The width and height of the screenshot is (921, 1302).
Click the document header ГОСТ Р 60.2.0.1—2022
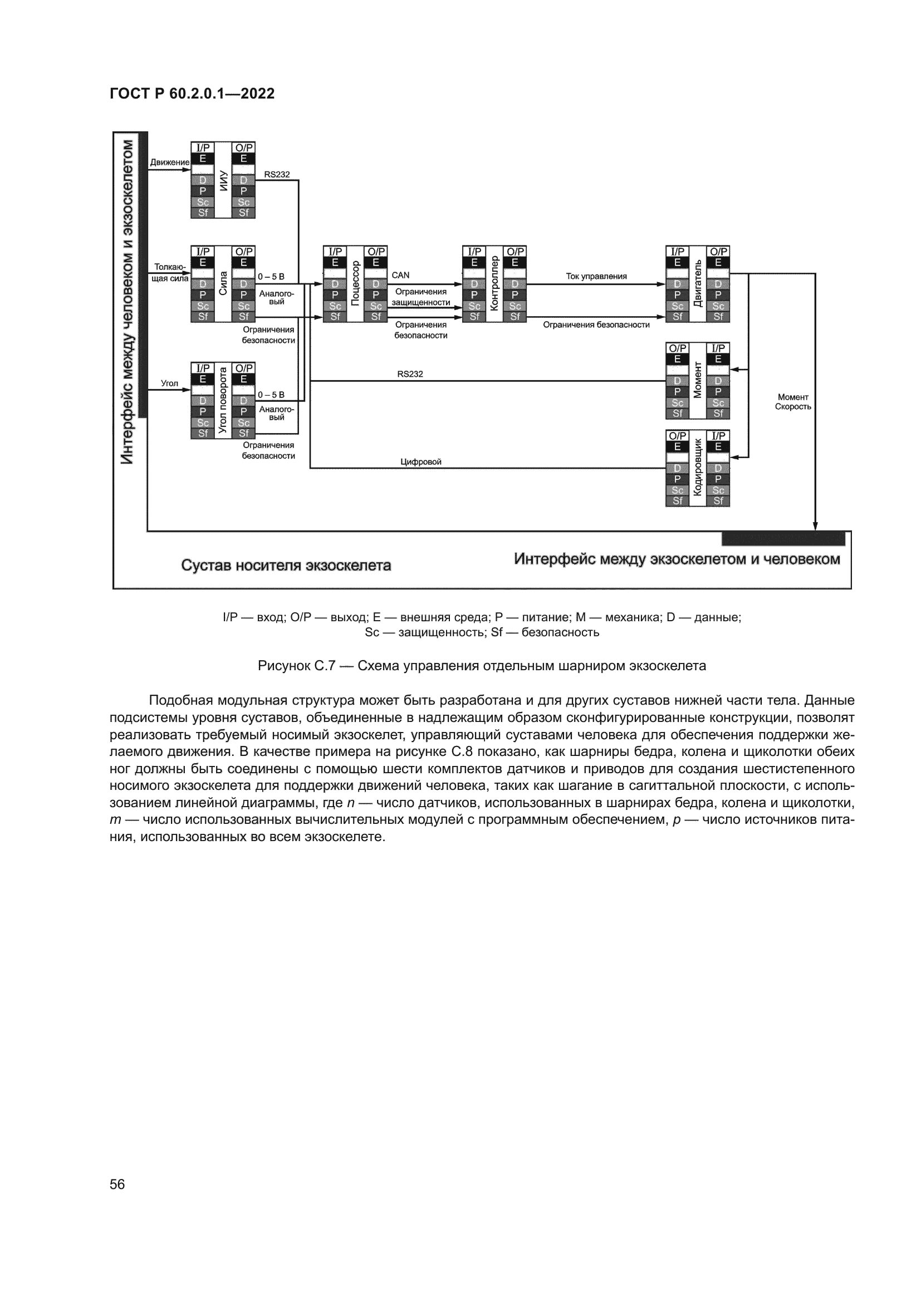192,94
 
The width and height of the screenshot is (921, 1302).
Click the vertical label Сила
223,283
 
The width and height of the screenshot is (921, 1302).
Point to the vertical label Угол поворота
223,400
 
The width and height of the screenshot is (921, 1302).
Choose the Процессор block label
356,283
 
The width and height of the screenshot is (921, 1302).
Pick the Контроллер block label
494,283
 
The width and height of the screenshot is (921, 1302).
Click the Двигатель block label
698,283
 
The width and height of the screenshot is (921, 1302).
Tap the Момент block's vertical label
698,381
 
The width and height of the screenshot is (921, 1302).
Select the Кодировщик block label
698,468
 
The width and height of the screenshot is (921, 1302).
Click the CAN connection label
400,275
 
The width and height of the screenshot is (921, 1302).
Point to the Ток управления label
596,276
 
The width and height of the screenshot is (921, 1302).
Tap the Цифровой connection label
421,461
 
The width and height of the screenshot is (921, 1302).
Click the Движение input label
170,162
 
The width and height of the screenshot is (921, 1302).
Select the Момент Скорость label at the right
793,401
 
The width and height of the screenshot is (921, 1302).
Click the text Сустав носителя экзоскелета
286,566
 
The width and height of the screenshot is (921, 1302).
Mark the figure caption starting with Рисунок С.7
482,666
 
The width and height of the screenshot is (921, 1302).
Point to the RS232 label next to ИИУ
277,174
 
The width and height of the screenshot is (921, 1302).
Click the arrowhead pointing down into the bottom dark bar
815,525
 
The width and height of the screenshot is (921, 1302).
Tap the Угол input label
170,384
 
